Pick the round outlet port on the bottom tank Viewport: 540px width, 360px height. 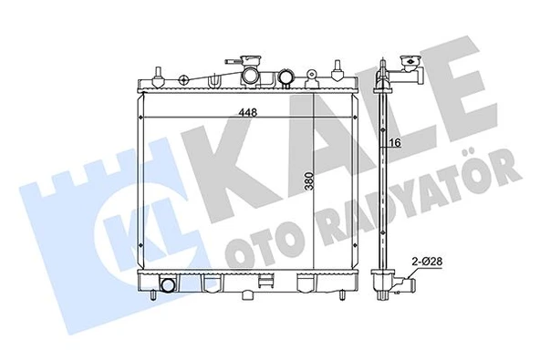(168, 287)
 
